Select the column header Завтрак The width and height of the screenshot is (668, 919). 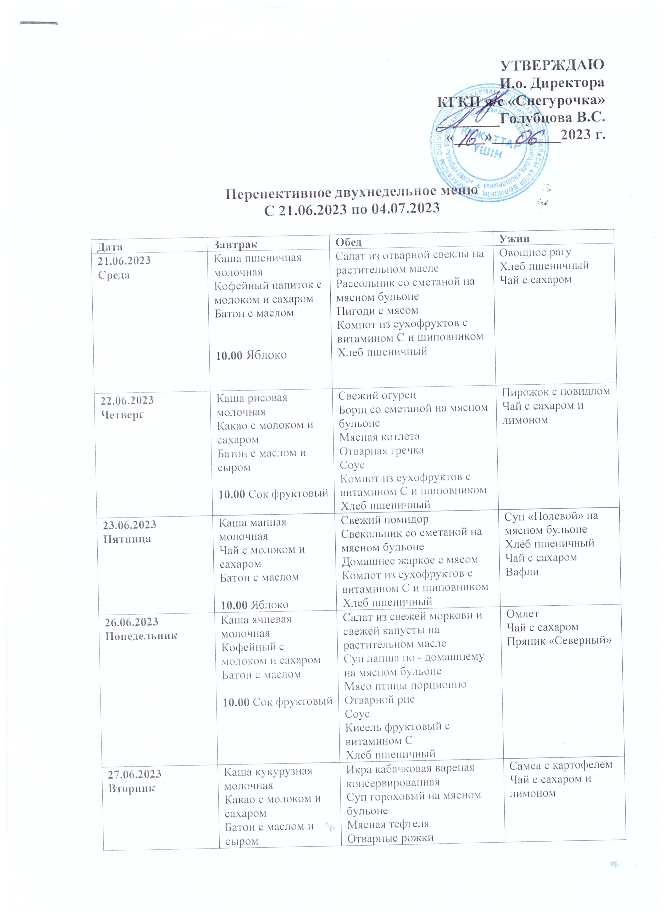[235, 244]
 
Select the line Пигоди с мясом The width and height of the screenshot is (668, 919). [377, 310]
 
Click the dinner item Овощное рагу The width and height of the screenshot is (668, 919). [535, 252]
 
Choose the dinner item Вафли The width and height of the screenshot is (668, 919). [522, 572]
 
